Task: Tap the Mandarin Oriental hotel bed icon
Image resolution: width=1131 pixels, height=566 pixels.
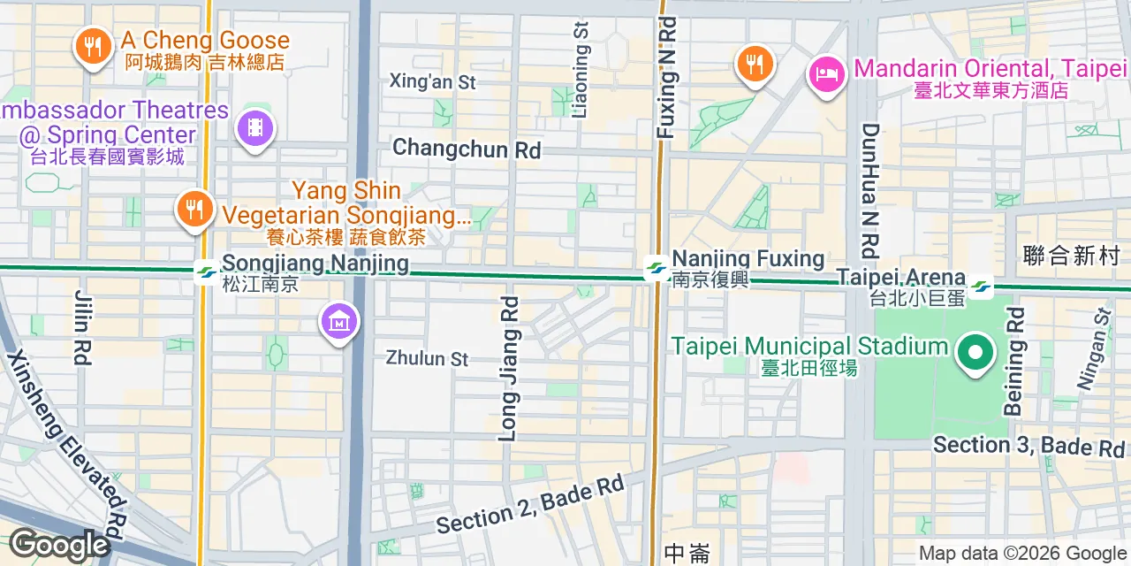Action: [x=827, y=73]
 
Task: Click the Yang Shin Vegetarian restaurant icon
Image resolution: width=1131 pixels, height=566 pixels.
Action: [x=192, y=209]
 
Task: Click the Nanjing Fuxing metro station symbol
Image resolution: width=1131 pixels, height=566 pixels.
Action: [x=656, y=266]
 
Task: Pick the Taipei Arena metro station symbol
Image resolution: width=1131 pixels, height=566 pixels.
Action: [x=980, y=286]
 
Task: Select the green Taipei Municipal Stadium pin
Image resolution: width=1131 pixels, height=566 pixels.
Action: [x=975, y=354]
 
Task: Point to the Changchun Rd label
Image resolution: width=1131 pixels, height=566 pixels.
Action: [x=466, y=149]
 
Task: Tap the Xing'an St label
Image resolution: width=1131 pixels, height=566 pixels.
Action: [x=433, y=82]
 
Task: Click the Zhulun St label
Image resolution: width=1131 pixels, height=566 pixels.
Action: [x=427, y=358]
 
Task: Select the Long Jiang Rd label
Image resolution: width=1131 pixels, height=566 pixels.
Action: [x=509, y=368]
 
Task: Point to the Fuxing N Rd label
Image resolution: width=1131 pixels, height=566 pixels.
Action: [x=666, y=78]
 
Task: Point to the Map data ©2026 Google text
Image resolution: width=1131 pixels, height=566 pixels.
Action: [x=1022, y=554]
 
